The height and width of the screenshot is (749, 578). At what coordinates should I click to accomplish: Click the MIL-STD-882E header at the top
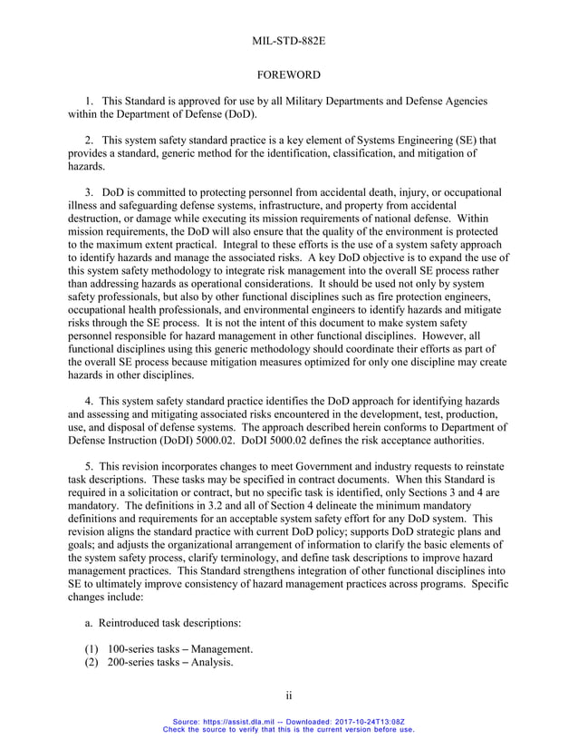(289, 40)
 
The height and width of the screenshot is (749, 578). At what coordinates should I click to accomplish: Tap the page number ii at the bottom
(289, 695)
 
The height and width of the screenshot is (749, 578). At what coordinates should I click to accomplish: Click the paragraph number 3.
(89, 192)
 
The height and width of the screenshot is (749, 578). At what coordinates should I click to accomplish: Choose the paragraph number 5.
(89, 465)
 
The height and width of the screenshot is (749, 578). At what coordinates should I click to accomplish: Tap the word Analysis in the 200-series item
(210, 663)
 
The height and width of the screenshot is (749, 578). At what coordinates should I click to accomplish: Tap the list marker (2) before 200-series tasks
(77, 663)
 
